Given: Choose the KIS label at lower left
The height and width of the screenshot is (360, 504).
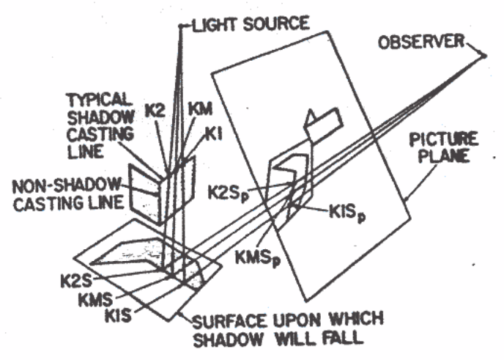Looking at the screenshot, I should tap(119, 316).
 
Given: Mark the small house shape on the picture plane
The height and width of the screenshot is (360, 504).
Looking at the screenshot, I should tap(323, 122).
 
